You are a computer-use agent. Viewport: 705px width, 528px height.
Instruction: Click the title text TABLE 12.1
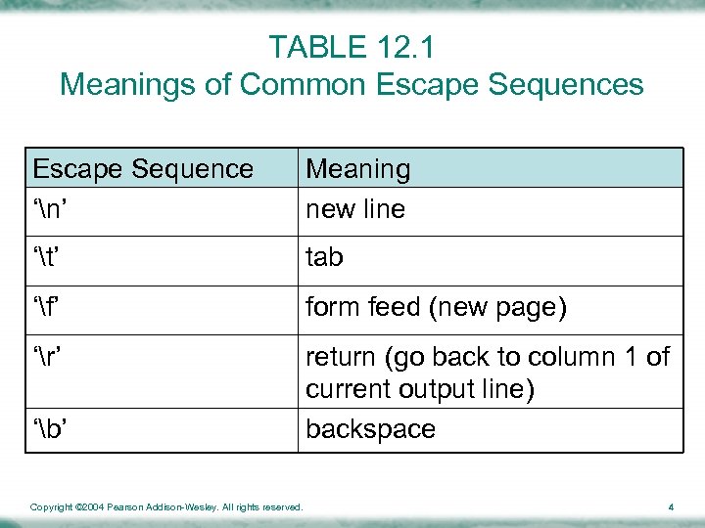click(x=352, y=47)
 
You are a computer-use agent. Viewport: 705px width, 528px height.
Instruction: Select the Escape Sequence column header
click(x=143, y=169)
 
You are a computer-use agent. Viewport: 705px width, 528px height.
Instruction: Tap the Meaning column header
click(x=358, y=169)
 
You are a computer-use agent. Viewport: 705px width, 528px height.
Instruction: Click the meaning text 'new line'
click(x=355, y=209)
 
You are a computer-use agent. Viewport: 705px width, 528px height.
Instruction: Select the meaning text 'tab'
click(x=324, y=258)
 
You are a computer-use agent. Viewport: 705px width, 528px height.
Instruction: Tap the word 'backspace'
click(x=370, y=429)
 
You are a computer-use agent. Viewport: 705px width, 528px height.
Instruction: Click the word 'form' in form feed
click(x=332, y=308)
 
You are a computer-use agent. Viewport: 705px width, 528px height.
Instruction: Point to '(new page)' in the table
click(x=497, y=308)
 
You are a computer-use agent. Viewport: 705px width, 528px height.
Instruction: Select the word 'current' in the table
click(x=346, y=390)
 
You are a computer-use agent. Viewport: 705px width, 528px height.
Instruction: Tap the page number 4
click(x=671, y=506)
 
